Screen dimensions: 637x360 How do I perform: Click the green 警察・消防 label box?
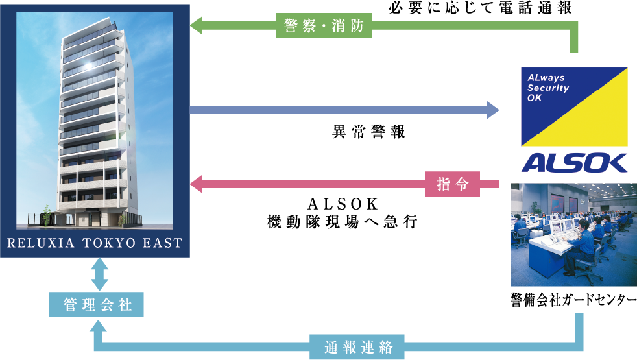[x=324, y=25]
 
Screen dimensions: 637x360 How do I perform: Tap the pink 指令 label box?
[x=452, y=184]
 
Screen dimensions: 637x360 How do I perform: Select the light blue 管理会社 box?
[x=96, y=304]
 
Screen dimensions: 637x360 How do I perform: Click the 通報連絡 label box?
[x=357, y=346]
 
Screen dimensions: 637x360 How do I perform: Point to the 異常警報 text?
[x=368, y=132]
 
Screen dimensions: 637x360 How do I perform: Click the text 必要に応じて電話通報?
[x=480, y=7]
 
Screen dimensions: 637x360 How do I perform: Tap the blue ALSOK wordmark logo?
[x=574, y=163]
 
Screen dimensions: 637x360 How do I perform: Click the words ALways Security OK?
[x=547, y=88]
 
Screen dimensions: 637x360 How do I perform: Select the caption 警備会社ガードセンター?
[x=573, y=300]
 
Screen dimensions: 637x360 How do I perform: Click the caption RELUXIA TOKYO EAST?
[x=95, y=243]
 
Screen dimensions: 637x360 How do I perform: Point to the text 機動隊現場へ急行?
[x=342, y=222]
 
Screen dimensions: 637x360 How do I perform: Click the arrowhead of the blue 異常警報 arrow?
[x=493, y=110]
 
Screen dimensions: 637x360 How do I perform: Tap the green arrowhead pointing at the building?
[x=196, y=25]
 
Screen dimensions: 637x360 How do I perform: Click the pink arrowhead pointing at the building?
[x=196, y=184]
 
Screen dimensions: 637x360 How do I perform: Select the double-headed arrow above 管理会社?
[x=99, y=274]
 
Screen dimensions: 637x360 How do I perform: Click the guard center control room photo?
[x=574, y=234]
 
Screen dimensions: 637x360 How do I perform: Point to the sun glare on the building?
[x=88, y=66]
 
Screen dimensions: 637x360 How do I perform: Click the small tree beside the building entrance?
[x=46, y=215]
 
